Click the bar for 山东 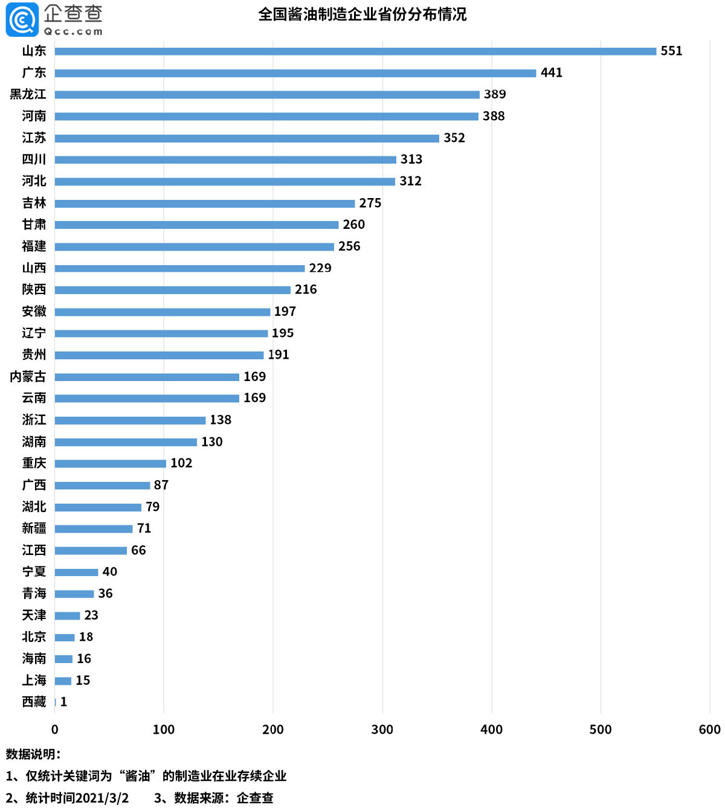[x=355, y=51]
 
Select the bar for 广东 [x=295, y=73]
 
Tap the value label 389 [x=495, y=94]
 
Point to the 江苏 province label [x=34, y=138]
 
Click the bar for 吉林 [x=205, y=204]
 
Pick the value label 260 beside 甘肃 [x=353, y=225]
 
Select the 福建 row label [x=34, y=246]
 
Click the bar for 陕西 [x=173, y=290]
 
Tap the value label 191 [x=279, y=355]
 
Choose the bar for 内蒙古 [x=147, y=377]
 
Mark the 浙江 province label [x=34, y=420]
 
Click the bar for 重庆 [x=111, y=464]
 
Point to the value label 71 [x=144, y=528]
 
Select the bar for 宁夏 [x=76, y=572]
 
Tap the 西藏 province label [x=34, y=702]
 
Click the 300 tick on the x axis [x=382, y=729]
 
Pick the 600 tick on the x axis [x=709, y=729]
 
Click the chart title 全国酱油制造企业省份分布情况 [x=362, y=14]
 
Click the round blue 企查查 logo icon [x=22, y=20]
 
